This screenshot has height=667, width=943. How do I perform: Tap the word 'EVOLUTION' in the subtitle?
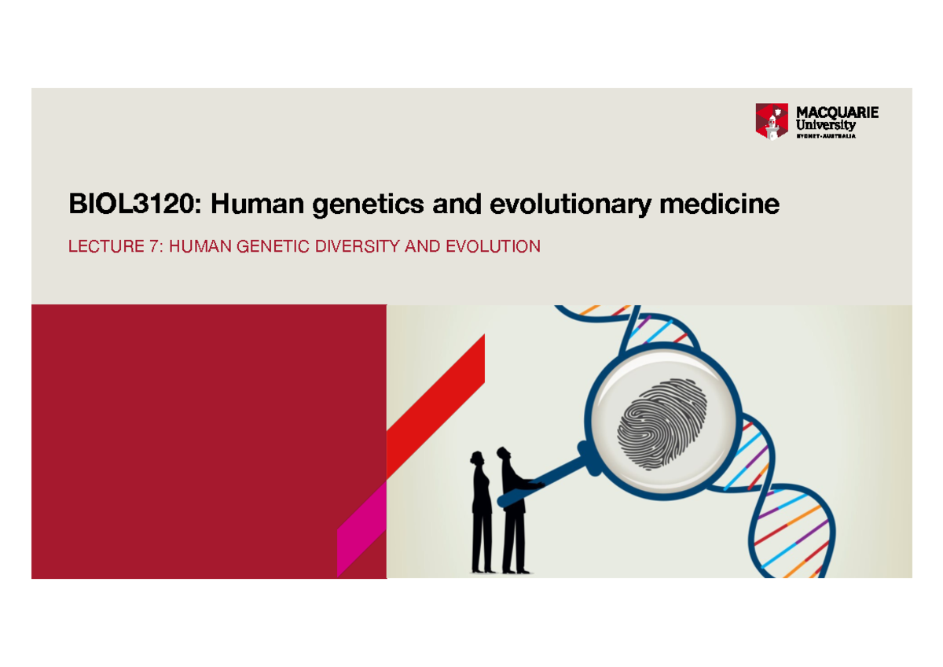[x=493, y=247]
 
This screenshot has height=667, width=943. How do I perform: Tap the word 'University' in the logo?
[x=826, y=125]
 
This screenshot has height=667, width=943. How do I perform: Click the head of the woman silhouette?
[x=476, y=459]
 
